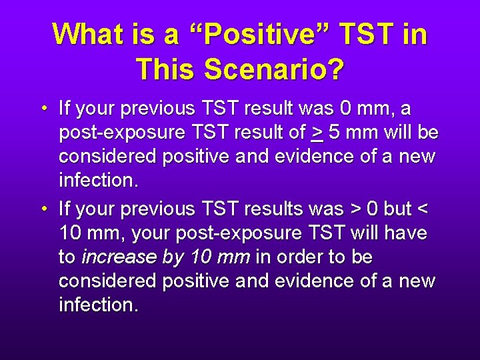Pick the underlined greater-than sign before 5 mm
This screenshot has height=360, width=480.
pos(317,133)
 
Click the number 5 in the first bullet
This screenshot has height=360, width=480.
pos(333,133)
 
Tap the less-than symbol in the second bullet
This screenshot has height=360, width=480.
pos(422,209)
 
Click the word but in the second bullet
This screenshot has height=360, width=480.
pos(397,209)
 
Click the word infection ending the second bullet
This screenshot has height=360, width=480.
pos(99,305)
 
